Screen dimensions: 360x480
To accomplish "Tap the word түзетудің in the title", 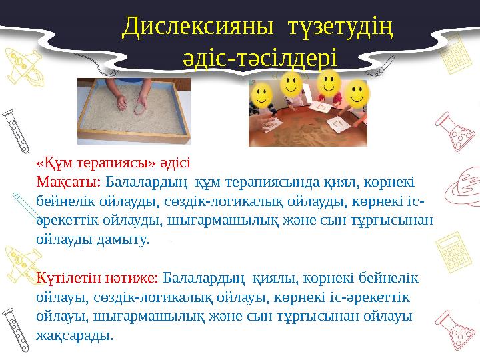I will pyautogui.click(x=339, y=26).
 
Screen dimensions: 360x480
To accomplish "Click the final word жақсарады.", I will pyautogui.click(x=75, y=335).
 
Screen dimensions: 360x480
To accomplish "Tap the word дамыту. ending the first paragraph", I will pyautogui.click(x=122, y=239).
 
